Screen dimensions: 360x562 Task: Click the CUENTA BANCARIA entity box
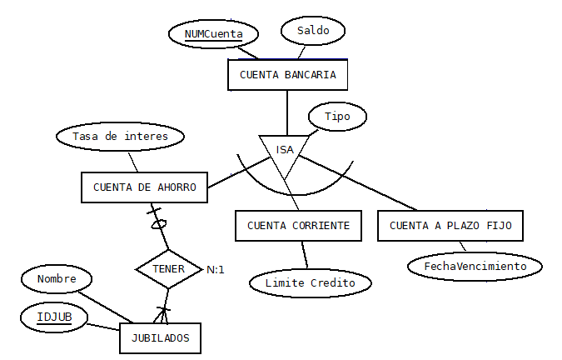point(287,75)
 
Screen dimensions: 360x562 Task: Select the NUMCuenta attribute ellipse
point(213,34)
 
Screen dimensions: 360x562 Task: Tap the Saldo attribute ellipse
point(313,31)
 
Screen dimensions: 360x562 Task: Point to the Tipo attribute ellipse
point(337,117)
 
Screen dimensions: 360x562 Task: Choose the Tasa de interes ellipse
point(120,136)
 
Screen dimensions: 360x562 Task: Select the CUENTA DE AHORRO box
point(144,187)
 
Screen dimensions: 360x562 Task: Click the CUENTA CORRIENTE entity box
point(298,226)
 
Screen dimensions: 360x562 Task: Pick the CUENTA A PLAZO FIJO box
point(450,226)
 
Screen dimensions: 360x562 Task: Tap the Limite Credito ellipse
point(310,282)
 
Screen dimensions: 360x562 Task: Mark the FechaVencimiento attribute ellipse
point(475,266)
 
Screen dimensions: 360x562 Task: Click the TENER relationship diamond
point(168,269)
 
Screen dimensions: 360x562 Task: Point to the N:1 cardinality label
point(216,270)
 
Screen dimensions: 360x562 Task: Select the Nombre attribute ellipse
point(57,279)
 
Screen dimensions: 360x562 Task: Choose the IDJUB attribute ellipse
point(55,317)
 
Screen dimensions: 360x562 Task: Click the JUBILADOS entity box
point(160,338)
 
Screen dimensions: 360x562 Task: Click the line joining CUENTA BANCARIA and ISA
point(287,112)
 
